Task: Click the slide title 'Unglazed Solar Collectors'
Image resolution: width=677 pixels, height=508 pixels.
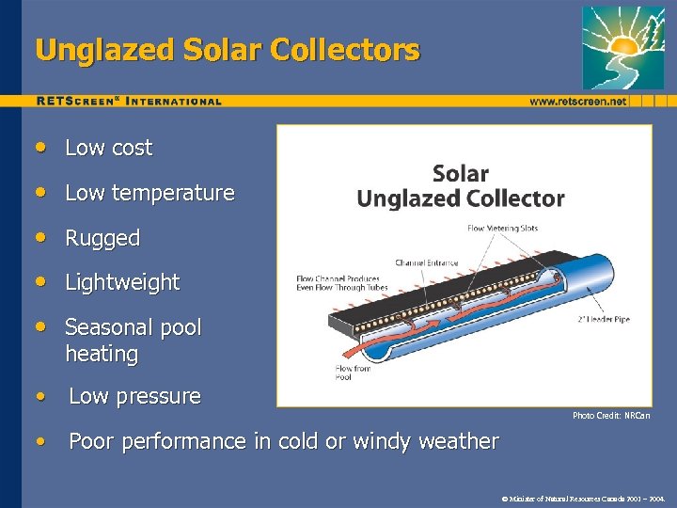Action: tap(227, 50)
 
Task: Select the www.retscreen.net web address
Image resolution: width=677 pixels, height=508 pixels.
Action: tap(577, 101)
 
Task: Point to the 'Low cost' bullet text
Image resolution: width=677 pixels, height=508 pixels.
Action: tap(108, 148)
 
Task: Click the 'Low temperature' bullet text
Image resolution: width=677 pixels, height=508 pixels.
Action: tap(150, 193)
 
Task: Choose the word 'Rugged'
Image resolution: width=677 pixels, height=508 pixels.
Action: tap(102, 238)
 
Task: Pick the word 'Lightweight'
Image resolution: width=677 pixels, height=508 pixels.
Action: tap(122, 282)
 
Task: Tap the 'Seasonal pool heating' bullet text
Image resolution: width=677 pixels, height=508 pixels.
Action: tap(133, 341)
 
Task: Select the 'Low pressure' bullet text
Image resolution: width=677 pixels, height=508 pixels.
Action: tap(134, 396)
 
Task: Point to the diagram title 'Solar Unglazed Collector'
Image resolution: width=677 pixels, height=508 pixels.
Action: tap(460, 186)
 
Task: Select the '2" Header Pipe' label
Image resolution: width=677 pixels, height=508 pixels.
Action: tap(603, 319)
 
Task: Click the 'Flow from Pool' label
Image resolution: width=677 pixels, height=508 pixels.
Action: tap(354, 373)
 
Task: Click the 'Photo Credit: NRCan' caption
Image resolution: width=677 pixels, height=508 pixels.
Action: tap(611, 415)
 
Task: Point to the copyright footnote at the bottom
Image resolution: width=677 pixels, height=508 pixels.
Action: tap(584, 497)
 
